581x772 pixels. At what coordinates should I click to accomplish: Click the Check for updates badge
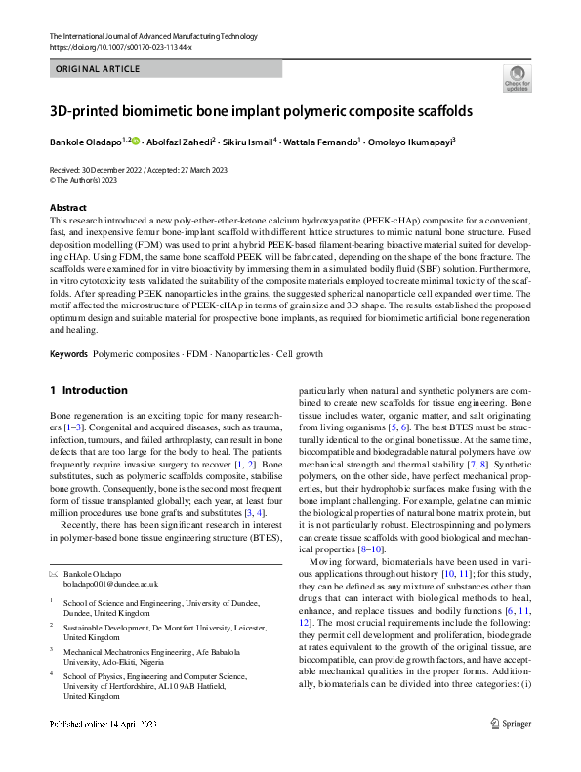517,79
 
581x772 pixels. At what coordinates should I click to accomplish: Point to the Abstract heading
68,208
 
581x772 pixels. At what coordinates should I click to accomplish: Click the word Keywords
68,352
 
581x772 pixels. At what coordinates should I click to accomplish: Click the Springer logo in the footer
511,752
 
